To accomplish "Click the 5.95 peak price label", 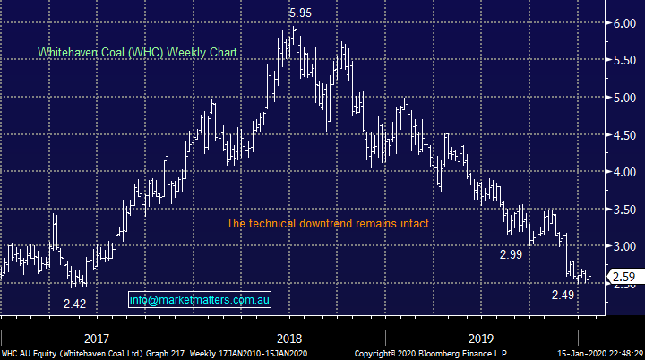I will (x=301, y=13).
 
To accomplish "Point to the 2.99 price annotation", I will (x=511, y=255).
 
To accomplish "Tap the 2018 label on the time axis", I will (x=288, y=339).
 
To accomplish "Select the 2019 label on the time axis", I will (x=481, y=339).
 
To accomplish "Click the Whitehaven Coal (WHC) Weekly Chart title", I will (x=137, y=53).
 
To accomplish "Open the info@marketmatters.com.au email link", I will (x=199, y=300).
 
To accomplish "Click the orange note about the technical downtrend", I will (x=328, y=223).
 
